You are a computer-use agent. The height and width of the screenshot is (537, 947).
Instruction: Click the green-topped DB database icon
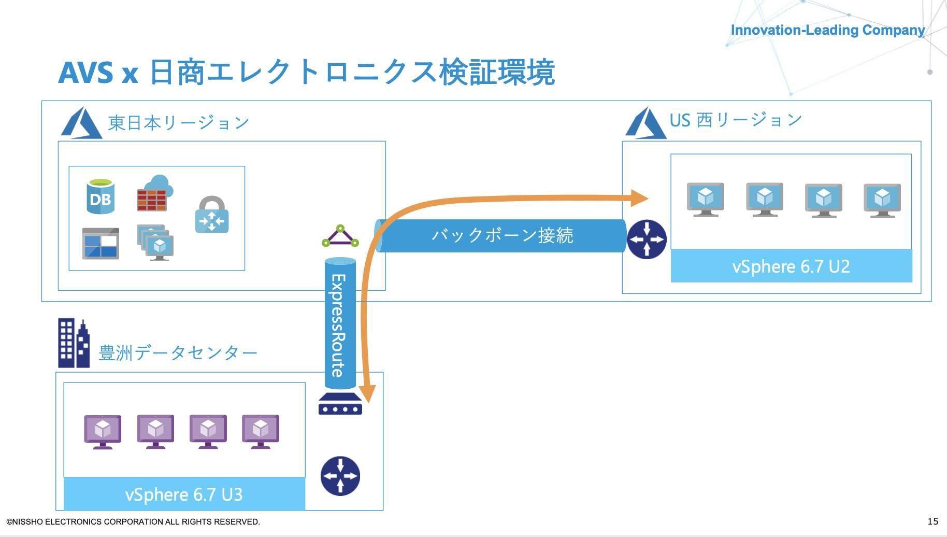[101, 196]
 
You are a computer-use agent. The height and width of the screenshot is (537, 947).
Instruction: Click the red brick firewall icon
[154, 194]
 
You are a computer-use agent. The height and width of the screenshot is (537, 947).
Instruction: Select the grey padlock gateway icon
[212, 215]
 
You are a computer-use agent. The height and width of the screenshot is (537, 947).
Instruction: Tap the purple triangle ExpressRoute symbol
[340, 236]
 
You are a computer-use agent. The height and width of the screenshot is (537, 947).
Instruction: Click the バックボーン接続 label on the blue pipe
[503, 235]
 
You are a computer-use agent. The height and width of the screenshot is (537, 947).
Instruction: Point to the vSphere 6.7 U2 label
[791, 266]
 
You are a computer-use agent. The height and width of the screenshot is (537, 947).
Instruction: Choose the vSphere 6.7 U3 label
[184, 494]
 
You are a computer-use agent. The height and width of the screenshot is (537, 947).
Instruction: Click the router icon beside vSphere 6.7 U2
[647, 239]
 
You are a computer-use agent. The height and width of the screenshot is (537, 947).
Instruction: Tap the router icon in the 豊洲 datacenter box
[340, 476]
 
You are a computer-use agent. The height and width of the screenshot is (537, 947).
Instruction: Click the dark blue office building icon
[73, 343]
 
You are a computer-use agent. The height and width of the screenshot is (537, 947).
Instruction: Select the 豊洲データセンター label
[178, 353]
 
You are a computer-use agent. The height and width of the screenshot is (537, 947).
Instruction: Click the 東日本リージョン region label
[179, 123]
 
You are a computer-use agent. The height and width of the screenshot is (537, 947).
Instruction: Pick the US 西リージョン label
[736, 120]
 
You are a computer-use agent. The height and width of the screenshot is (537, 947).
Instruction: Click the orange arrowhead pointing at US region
[640, 197]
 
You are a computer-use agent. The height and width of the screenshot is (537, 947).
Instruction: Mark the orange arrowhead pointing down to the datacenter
[367, 394]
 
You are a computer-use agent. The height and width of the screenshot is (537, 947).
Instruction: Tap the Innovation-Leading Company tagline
[827, 30]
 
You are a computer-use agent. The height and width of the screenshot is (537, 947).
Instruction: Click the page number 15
[932, 521]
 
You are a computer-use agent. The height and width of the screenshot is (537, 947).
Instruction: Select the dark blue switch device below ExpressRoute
[340, 404]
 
